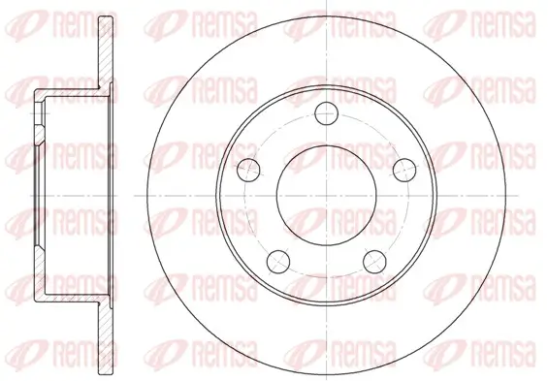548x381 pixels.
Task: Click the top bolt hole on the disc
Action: (326, 113)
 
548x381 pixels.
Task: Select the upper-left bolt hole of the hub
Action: (248, 170)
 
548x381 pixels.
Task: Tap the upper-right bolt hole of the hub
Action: (404, 170)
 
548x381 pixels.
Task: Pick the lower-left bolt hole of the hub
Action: (278, 261)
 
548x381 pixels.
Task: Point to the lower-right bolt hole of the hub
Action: (374, 261)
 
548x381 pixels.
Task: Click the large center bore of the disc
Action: (326, 195)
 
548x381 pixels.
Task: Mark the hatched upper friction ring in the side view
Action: (106, 52)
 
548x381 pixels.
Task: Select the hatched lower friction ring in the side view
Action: (106, 337)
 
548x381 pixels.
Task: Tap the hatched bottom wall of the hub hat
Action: (70, 297)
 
